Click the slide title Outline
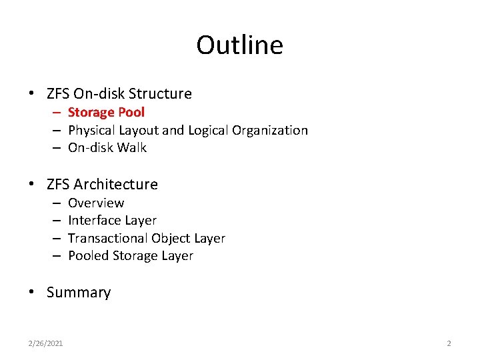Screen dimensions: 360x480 [x=239, y=45]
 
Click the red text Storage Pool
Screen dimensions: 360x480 [x=106, y=113]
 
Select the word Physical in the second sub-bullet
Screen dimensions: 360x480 [x=91, y=131]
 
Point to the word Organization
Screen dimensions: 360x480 [x=270, y=131]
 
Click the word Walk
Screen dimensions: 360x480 [x=133, y=148]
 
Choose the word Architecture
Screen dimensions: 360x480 [x=116, y=184]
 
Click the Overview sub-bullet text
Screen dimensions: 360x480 [x=96, y=203]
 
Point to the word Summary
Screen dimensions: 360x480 [x=79, y=293]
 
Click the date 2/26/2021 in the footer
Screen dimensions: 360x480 [x=46, y=343]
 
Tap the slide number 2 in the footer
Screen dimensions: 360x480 [x=449, y=343]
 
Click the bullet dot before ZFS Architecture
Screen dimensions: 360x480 [x=33, y=185]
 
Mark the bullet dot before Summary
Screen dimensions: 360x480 [x=33, y=293]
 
